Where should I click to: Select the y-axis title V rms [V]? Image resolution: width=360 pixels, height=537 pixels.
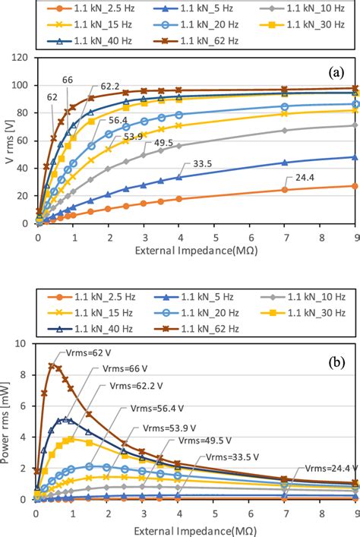[9, 141]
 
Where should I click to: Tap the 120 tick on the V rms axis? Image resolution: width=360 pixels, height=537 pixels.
[22, 58]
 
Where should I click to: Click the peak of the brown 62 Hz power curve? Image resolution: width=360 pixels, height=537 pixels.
[52, 365]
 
